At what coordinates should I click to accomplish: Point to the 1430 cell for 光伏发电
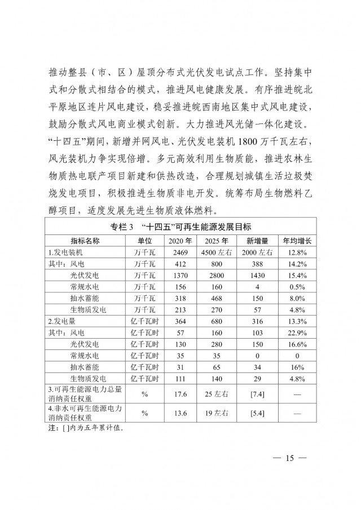253,275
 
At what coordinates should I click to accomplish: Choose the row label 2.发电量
61,321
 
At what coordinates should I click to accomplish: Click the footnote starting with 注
85,427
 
